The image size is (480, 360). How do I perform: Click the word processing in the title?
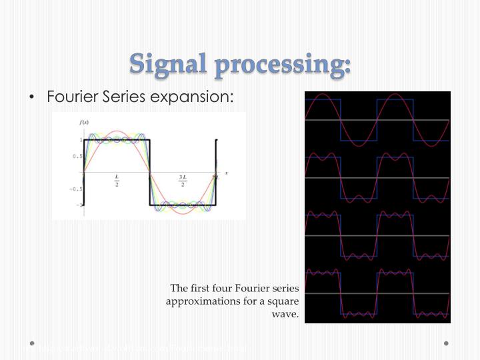tap(282, 65)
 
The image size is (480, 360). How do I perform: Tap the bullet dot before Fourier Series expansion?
tap(32, 98)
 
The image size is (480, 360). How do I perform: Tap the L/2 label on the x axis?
tap(117, 180)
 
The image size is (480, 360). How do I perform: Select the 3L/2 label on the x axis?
tap(182, 180)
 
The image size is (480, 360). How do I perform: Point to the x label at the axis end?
tap(226, 173)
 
